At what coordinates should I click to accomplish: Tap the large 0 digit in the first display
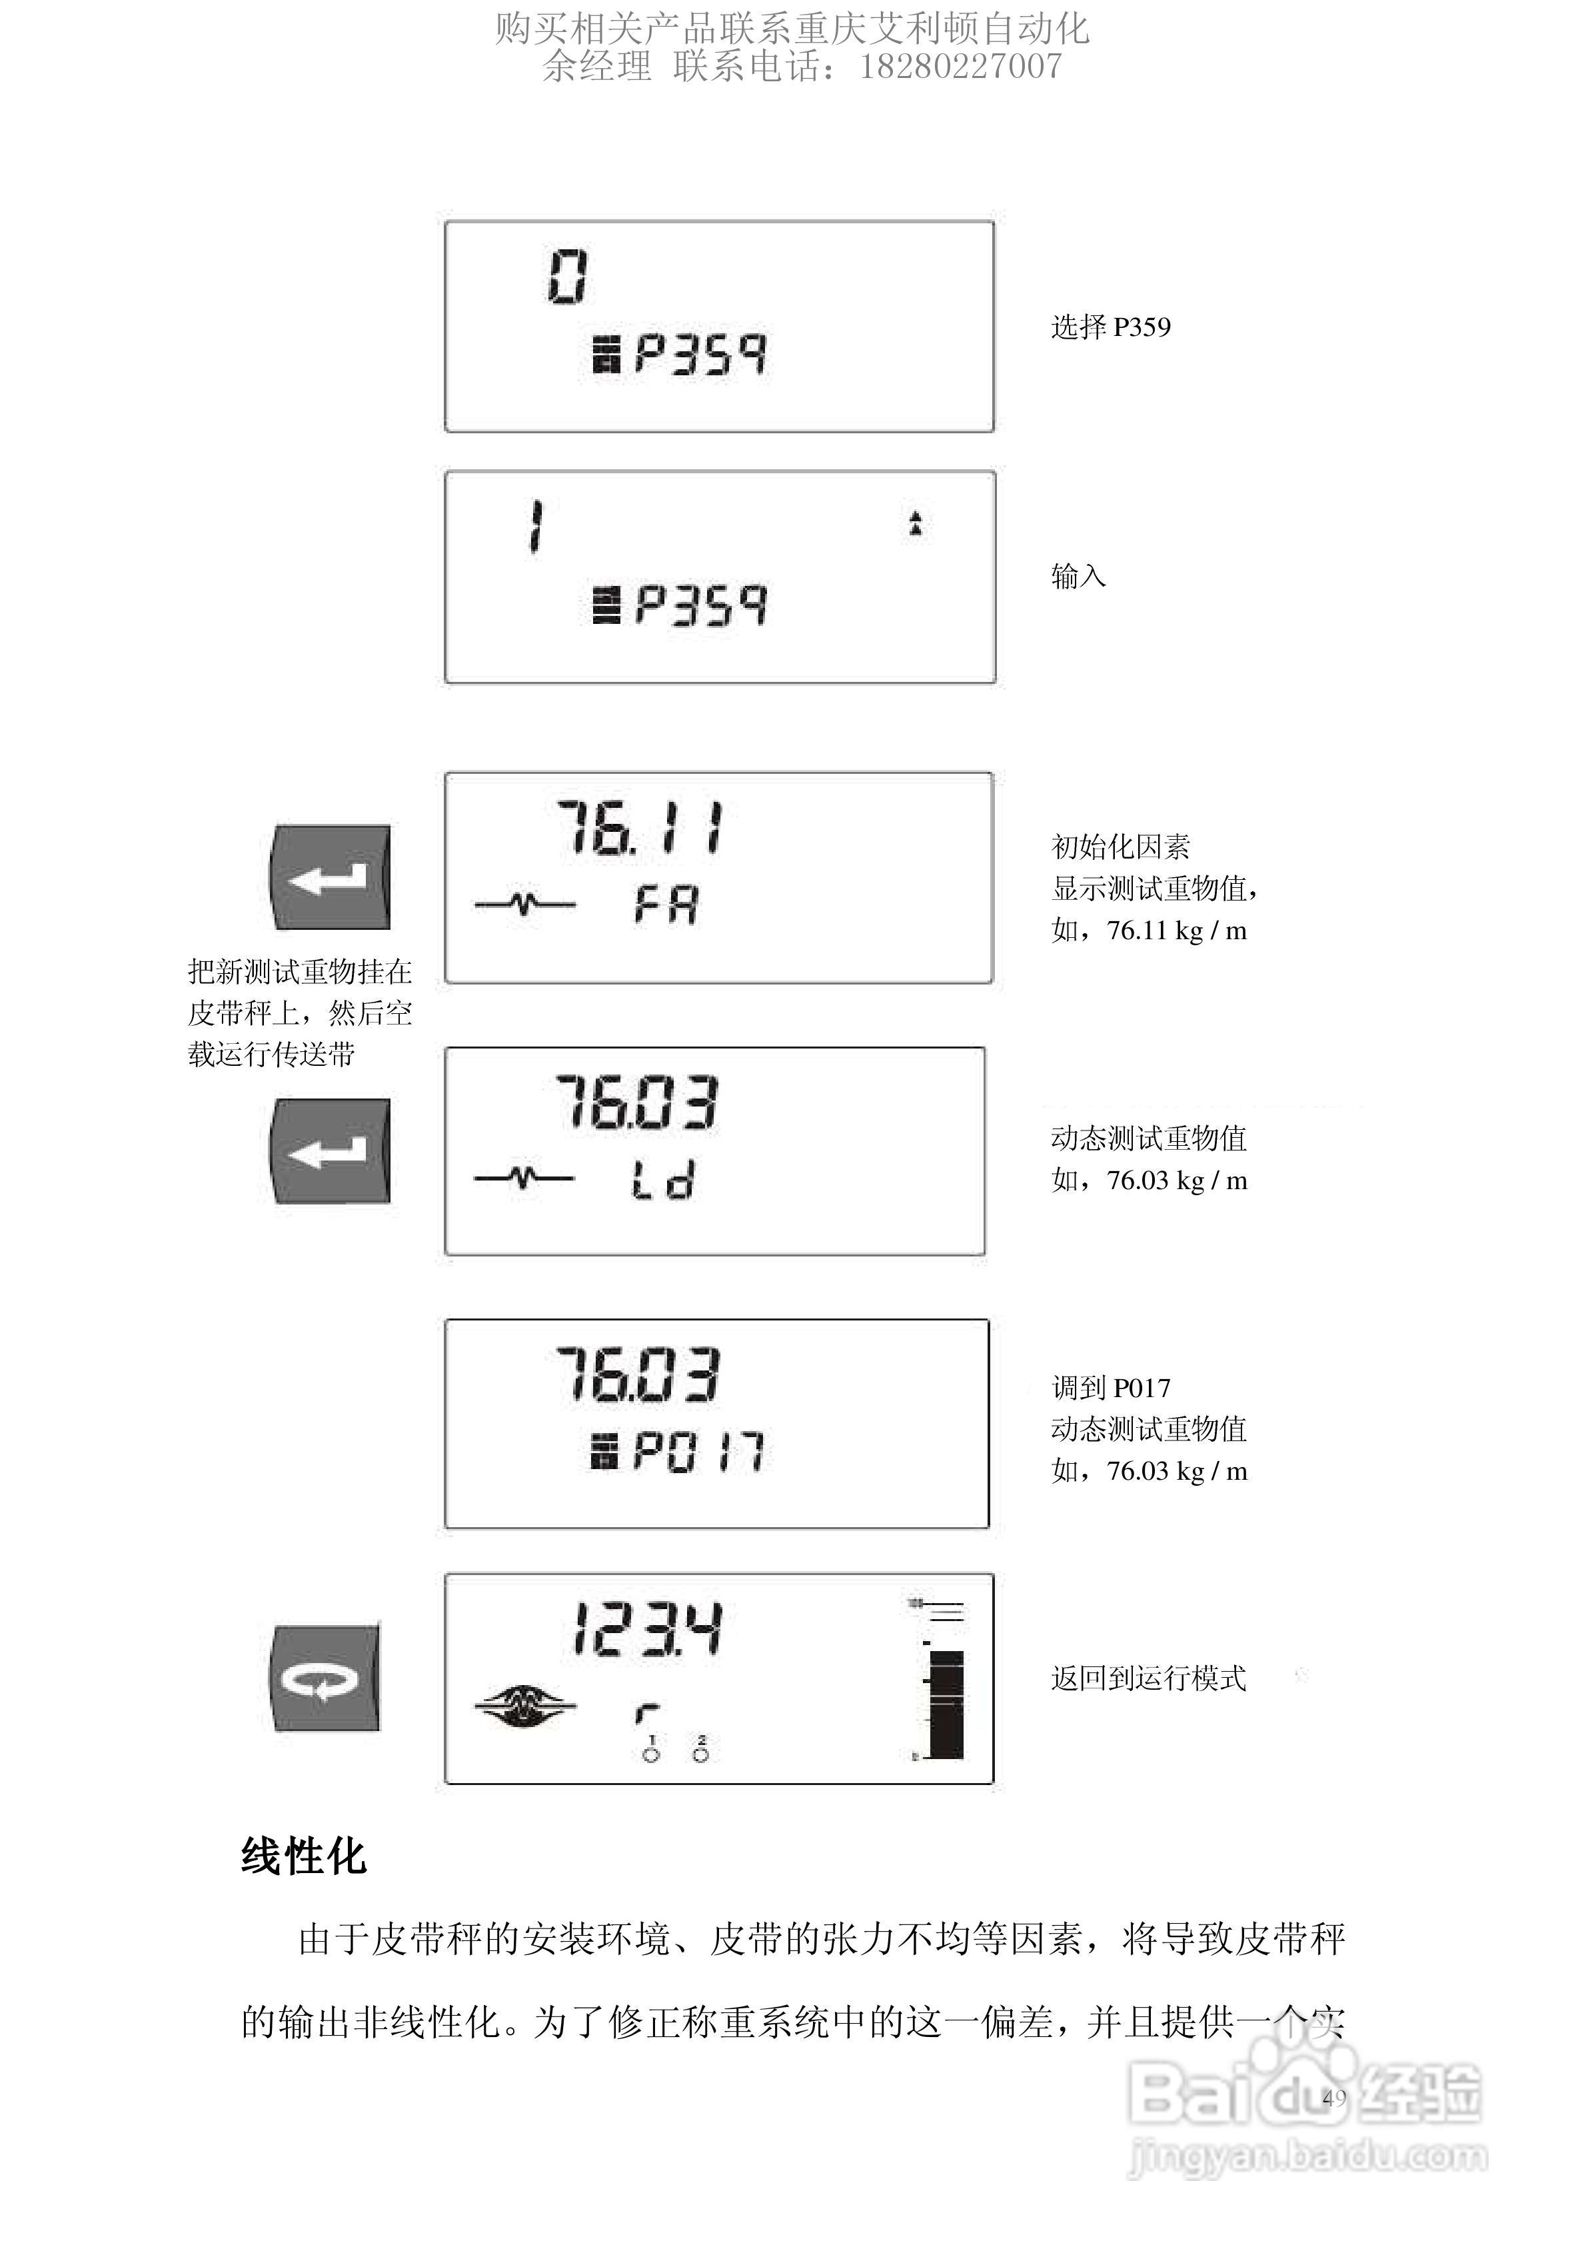567,277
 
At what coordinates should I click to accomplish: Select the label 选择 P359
1110,327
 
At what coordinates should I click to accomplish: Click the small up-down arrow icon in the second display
915,523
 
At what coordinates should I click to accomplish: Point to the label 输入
1078,577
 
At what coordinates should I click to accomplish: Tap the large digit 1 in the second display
535,527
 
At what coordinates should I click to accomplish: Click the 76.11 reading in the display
640,828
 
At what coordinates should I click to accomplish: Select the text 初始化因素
1120,847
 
